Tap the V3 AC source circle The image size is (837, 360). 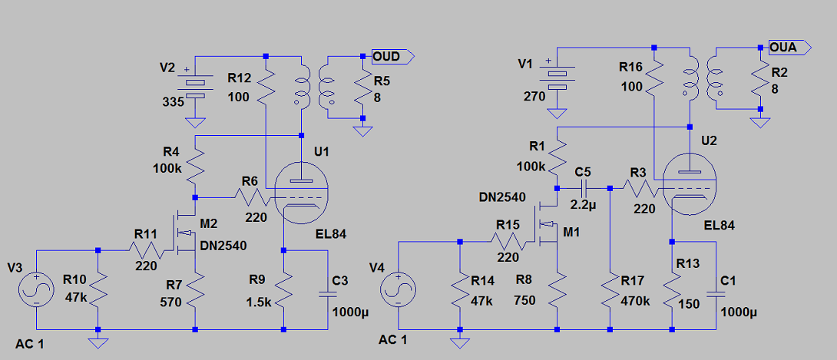pyautogui.click(x=36, y=287)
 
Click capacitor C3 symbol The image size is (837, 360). pyautogui.click(x=330, y=291)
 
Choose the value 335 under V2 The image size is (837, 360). pyautogui.click(x=172, y=101)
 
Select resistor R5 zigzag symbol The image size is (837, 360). pyautogui.click(x=362, y=88)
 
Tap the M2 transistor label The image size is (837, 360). pyautogui.click(x=210, y=223)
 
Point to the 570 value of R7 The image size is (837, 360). pyautogui.click(x=171, y=302)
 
